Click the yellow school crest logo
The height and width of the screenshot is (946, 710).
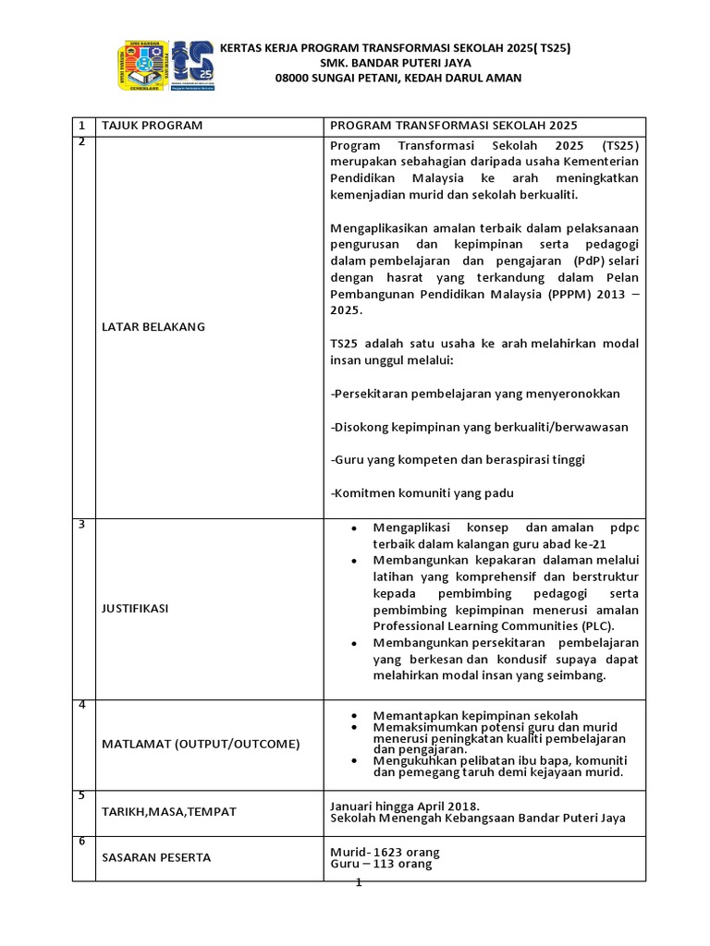pyautogui.click(x=143, y=67)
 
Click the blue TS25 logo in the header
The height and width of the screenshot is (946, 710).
pyautogui.click(x=194, y=66)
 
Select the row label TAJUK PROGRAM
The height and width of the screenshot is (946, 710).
pyautogui.click(x=151, y=126)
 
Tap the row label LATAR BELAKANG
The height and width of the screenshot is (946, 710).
pyautogui.click(x=153, y=326)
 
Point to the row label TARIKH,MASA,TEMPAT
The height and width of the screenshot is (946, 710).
pyautogui.click(x=168, y=811)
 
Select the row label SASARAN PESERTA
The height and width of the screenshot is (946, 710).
pyautogui.click(x=155, y=857)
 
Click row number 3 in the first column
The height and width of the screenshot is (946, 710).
pyautogui.click(x=81, y=525)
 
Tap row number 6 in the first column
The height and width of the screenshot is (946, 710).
pyautogui.click(x=81, y=841)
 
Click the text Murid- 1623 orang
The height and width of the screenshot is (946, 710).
pyautogui.click(x=385, y=851)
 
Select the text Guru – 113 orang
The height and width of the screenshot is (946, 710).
pyautogui.click(x=381, y=864)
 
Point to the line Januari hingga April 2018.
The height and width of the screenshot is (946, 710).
pyautogui.click(x=405, y=805)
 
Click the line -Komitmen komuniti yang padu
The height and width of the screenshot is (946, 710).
pyautogui.click(x=422, y=492)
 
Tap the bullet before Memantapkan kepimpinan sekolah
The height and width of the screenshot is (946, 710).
pyautogui.click(x=354, y=716)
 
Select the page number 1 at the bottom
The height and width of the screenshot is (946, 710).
pyautogui.click(x=358, y=883)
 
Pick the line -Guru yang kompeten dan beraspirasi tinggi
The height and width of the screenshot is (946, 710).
pyautogui.click(x=458, y=459)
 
